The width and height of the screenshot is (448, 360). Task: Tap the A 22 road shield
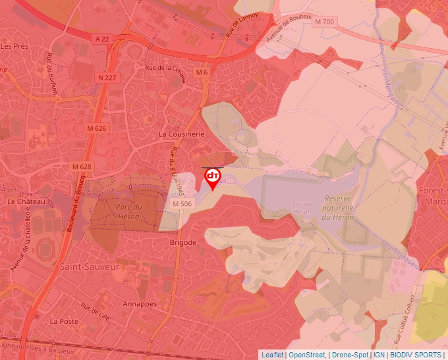[x=101, y=39]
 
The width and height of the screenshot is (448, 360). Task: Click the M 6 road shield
[x=202, y=72]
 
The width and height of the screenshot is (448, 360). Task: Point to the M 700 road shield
[x=324, y=22]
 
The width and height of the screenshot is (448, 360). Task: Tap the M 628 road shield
[x=82, y=166]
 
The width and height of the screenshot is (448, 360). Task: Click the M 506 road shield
[x=182, y=204]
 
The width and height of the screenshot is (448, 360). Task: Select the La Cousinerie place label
[x=182, y=134]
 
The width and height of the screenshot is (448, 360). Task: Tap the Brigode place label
[x=183, y=242]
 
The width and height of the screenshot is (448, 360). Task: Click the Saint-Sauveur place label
[x=89, y=267]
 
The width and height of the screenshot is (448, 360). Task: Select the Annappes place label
[x=140, y=304]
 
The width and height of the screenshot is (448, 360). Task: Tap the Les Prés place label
[x=14, y=46]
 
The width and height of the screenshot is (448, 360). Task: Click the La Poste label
[x=64, y=321]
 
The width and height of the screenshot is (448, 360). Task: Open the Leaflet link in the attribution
[x=272, y=355]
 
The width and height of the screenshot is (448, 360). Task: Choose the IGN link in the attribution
[x=379, y=355]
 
